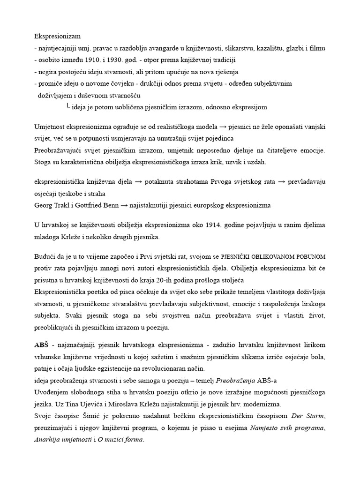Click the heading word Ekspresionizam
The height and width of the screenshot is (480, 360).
click(58, 36)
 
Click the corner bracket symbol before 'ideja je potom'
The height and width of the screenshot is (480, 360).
click(68, 107)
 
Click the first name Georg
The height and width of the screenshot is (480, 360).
click(43, 205)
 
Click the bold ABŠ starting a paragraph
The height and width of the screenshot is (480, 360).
click(41, 345)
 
